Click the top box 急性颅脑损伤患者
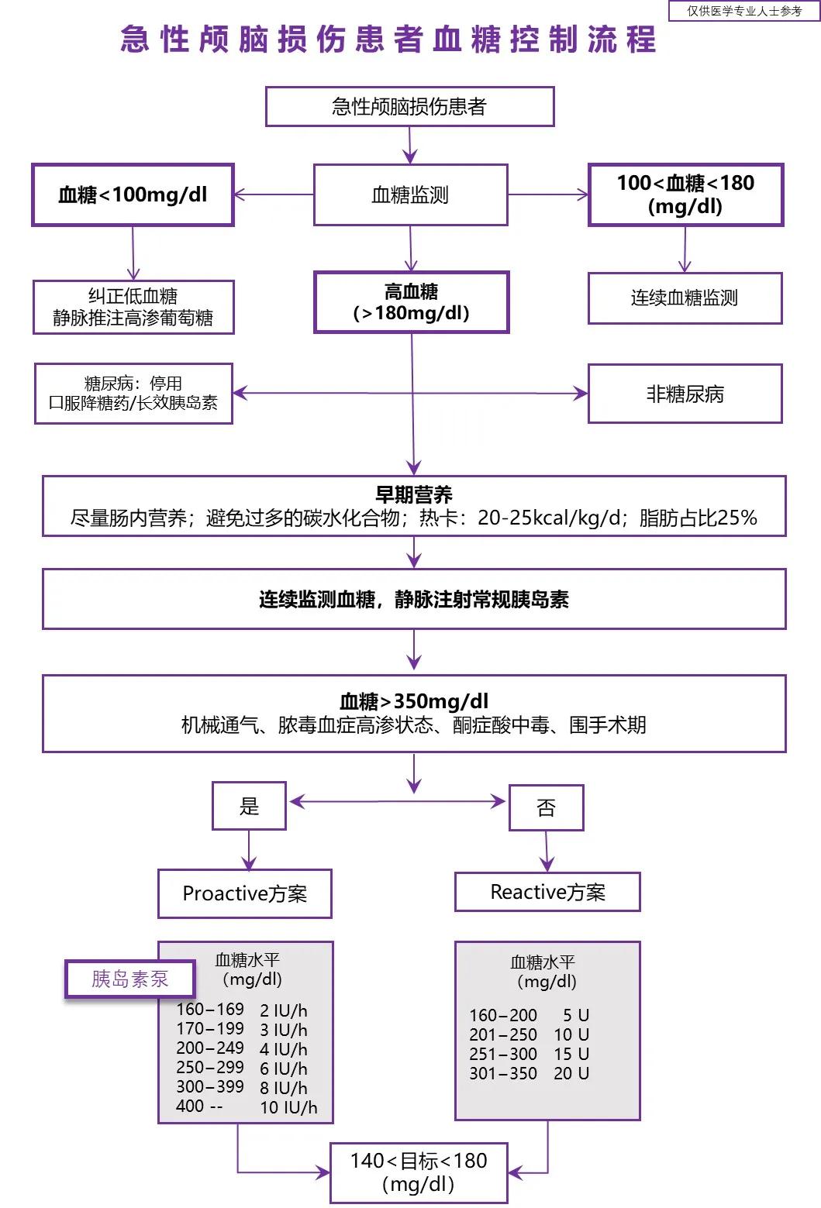click(409, 106)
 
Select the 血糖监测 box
click(410, 194)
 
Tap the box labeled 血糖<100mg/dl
click(133, 194)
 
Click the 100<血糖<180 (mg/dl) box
click(685, 194)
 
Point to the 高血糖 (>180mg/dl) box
click(411, 302)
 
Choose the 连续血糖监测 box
click(685, 298)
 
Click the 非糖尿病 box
click(685, 394)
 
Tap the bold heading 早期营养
click(414, 494)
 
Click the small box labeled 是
click(249, 806)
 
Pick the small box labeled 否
click(546, 807)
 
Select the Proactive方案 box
click(245, 893)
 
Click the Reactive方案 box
click(547, 892)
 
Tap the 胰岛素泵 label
click(129, 979)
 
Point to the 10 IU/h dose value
click(288, 1107)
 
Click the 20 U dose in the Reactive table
click(571, 1073)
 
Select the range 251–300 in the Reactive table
click(502, 1054)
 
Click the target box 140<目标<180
click(419, 1172)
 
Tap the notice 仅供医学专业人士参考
click(744, 11)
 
